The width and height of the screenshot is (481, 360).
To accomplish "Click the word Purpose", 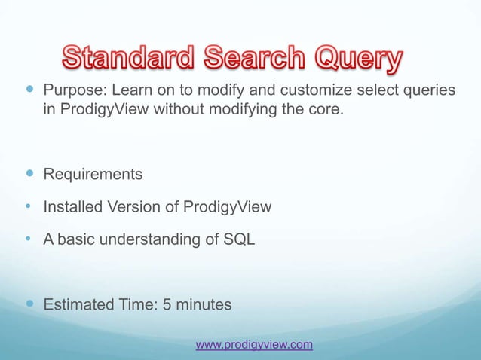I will (x=75, y=92).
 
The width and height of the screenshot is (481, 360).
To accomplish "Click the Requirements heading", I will (x=92, y=175).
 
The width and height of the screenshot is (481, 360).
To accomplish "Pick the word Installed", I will (x=71, y=208).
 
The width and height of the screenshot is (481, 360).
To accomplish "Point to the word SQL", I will (x=240, y=240).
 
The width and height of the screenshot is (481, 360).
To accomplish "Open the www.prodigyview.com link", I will (x=254, y=345).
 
